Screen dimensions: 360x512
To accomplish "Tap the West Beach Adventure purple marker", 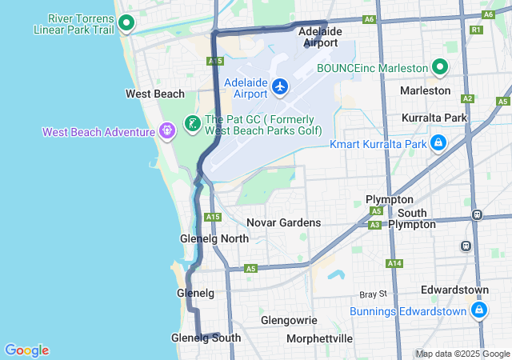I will pyautogui.click(x=166, y=129).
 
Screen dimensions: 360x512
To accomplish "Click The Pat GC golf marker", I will pyautogui.click(x=192, y=123).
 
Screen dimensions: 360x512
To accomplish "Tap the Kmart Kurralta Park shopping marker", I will pyautogui.click(x=438, y=144).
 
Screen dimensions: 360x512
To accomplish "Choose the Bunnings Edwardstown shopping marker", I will pyautogui.click(x=478, y=309).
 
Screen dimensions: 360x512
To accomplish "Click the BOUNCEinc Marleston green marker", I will pyautogui.click(x=438, y=68).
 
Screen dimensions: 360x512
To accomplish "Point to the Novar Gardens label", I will pyautogui.click(x=283, y=222).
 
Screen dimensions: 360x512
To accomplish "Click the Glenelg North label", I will pyautogui.click(x=214, y=238).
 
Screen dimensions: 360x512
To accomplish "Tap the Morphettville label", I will pyautogui.click(x=319, y=338).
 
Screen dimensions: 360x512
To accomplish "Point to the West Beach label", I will pyautogui.click(x=155, y=94).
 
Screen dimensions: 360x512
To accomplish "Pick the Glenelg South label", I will pyautogui.click(x=206, y=338).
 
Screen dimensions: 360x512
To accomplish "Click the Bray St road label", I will pyautogui.click(x=373, y=294).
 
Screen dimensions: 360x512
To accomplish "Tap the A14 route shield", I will pyautogui.click(x=394, y=263).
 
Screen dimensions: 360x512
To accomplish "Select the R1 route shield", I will pyautogui.click(x=477, y=30).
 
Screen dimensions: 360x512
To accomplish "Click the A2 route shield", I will pyautogui.click(x=469, y=99).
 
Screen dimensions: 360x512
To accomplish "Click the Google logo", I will pyautogui.click(x=26, y=350).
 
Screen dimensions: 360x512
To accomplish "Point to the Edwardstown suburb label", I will pyautogui.click(x=456, y=290).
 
